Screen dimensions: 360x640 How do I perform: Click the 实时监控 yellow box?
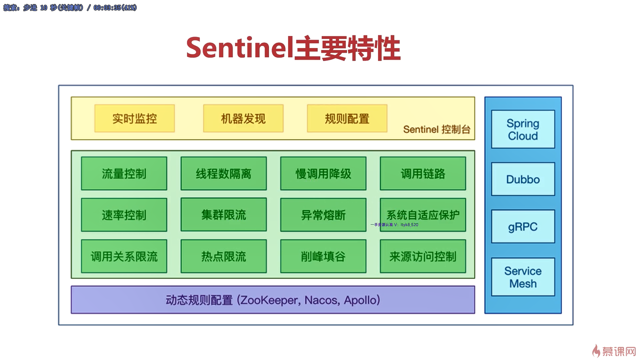134,118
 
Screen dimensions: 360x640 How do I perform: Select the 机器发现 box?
243,118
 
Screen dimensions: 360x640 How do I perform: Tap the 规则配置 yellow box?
347,118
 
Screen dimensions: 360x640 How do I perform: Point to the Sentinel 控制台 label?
437,129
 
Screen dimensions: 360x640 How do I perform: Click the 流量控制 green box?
124,173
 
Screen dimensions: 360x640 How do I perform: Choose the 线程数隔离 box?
223,173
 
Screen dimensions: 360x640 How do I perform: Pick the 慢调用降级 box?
323,173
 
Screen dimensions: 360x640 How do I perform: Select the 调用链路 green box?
423,173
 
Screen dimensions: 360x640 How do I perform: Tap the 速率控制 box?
124,215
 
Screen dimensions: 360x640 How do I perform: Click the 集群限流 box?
223,215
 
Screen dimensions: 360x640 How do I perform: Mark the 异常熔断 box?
323,215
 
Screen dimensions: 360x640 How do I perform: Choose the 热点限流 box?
223,256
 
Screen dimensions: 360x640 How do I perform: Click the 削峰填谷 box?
323,256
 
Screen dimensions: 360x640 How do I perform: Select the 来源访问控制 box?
423,256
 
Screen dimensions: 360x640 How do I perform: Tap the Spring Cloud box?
523,129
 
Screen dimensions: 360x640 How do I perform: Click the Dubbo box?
523,179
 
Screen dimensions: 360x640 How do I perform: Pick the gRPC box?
523,227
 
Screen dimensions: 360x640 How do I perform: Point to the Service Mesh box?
523,277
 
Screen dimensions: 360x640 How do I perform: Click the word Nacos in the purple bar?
322,300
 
